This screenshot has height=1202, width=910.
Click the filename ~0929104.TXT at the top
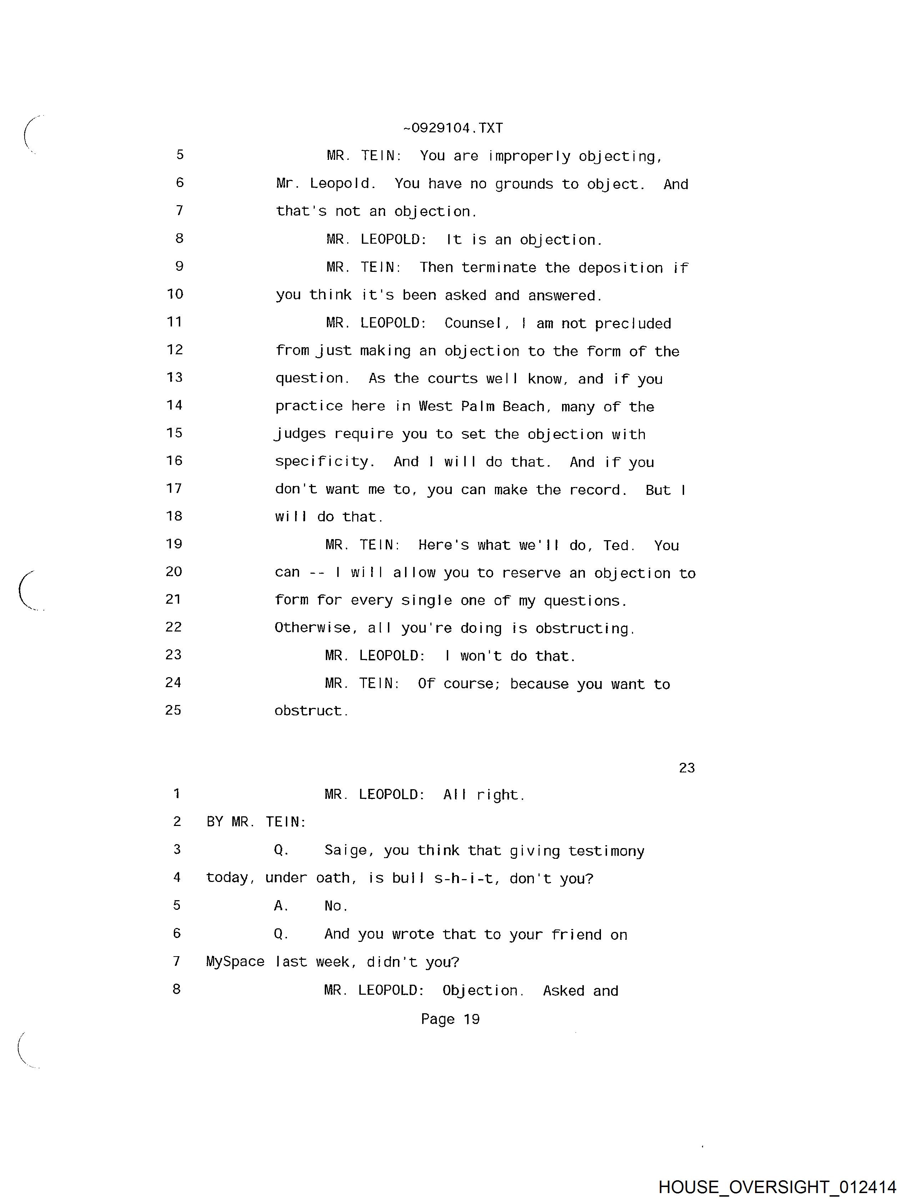(x=453, y=128)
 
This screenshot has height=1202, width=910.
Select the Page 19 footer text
(x=450, y=1019)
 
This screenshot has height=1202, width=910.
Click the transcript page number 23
(x=687, y=767)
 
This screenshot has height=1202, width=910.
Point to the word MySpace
(x=235, y=962)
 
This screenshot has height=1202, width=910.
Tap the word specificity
(x=324, y=462)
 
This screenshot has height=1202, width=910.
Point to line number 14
(x=175, y=405)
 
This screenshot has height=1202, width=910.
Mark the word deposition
(x=620, y=268)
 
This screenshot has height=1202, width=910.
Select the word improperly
(x=529, y=157)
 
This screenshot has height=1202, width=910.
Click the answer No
(x=336, y=906)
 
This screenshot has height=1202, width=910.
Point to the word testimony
(x=606, y=851)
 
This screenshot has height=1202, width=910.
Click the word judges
(x=300, y=434)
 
